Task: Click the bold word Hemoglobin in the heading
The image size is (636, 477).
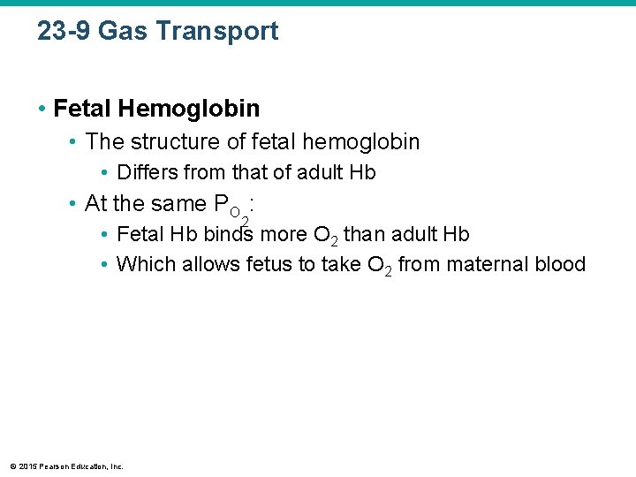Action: coord(189,109)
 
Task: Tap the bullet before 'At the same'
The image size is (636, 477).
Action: coord(73,204)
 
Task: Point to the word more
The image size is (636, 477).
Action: coord(284,235)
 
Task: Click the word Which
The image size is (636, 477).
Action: coord(146,264)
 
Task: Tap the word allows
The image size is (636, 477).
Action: coord(211,264)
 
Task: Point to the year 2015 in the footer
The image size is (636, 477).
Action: coord(28,466)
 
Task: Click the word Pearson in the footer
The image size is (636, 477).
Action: coord(56,466)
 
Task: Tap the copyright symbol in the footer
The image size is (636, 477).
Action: coord(12,466)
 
